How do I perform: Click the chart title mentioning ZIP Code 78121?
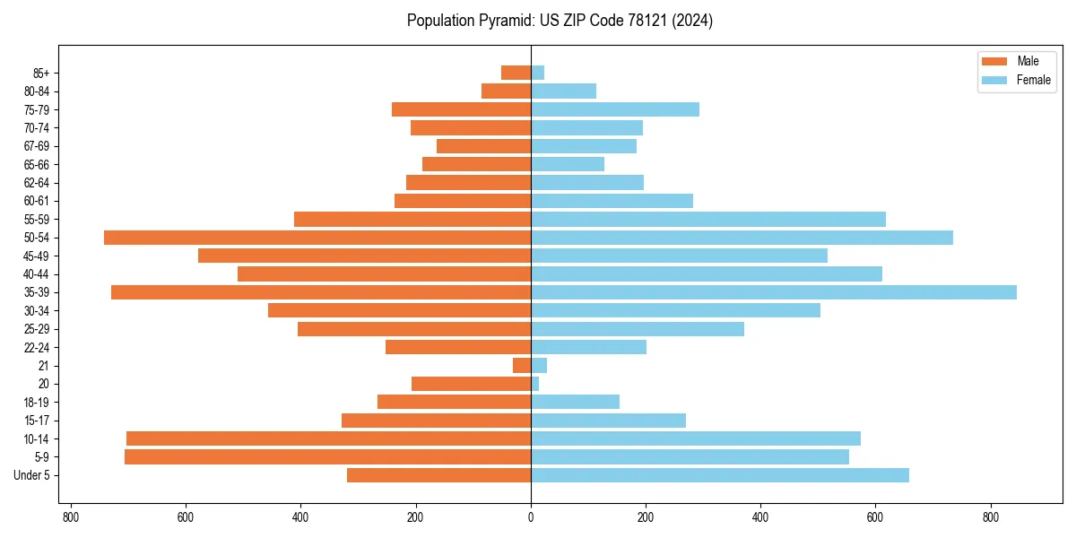560,21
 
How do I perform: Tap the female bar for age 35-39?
773,292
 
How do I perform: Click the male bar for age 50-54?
317,238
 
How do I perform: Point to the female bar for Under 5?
719,475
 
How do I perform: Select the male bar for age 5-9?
327,457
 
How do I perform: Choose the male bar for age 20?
471,384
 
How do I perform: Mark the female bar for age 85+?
537,73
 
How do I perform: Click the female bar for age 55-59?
708,219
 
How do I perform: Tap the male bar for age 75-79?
461,109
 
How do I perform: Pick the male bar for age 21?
522,366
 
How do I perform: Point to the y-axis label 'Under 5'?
31,475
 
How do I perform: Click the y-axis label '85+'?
41,73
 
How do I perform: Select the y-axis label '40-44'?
37,274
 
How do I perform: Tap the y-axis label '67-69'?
37,146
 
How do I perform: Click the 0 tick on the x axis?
531,517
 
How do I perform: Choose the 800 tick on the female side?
990,517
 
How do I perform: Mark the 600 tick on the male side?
186,517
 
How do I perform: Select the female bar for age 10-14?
695,438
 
